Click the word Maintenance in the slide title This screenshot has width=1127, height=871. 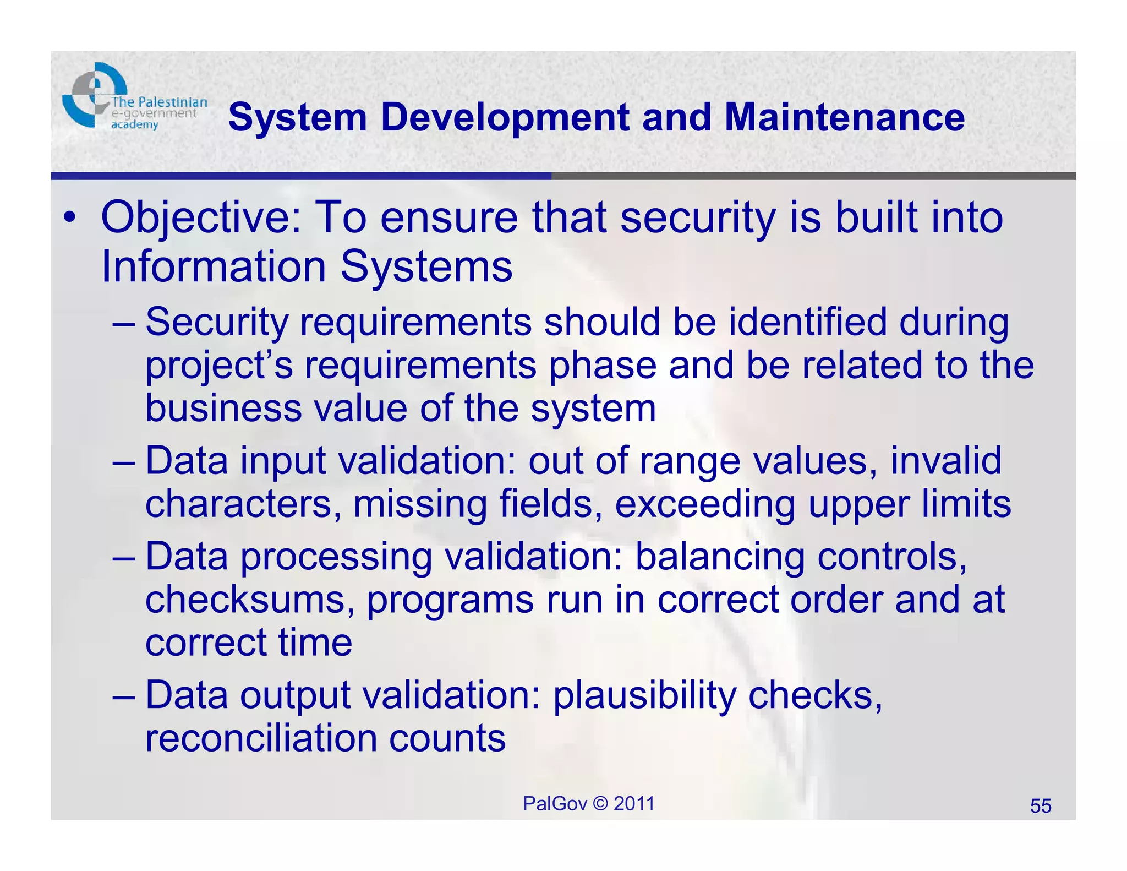(844, 117)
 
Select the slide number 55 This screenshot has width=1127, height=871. (1040, 806)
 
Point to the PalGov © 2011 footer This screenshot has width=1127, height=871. (588, 804)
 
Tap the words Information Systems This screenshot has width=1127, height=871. (307, 267)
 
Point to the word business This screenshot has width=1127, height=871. (223, 409)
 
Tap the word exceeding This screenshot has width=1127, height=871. (705, 504)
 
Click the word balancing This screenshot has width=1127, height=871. (720, 557)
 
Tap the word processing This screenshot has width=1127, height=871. (336, 558)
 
